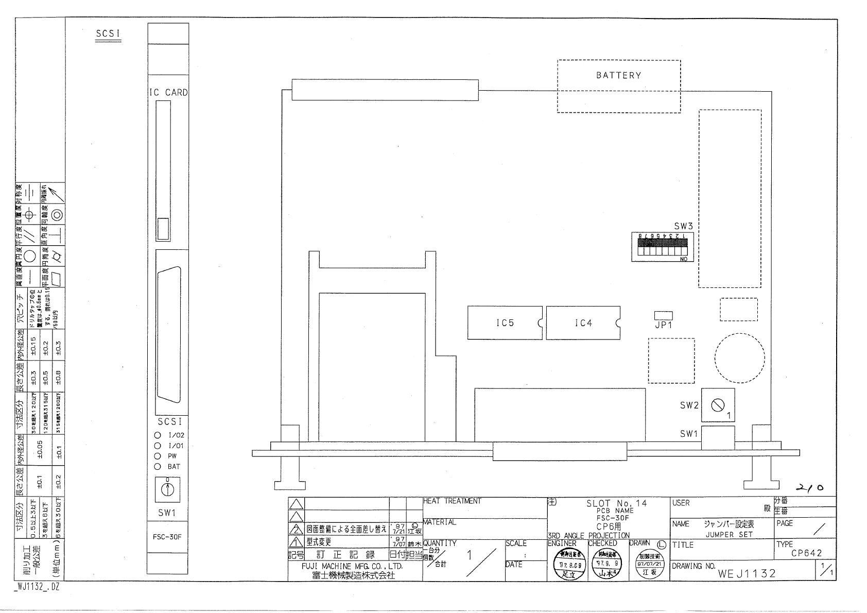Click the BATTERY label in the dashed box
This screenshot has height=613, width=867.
[618, 76]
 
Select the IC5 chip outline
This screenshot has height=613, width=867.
[505, 323]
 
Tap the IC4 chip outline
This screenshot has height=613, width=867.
[583, 323]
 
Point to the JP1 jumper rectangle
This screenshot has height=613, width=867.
[663, 316]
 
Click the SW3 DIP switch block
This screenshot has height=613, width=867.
[663, 248]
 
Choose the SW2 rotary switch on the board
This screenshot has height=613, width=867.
[718, 405]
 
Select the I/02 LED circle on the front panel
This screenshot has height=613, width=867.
[158, 435]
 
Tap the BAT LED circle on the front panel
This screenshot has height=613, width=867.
[158, 467]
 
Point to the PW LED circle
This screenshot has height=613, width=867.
[158, 456]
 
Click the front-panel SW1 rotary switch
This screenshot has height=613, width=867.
[167, 489]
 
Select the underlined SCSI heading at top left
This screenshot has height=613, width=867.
[108, 34]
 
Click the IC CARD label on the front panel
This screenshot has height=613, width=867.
[168, 93]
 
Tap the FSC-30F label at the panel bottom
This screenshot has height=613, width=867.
[167, 537]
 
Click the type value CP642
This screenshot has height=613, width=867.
[806, 554]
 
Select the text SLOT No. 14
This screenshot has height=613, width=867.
[617, 503]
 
